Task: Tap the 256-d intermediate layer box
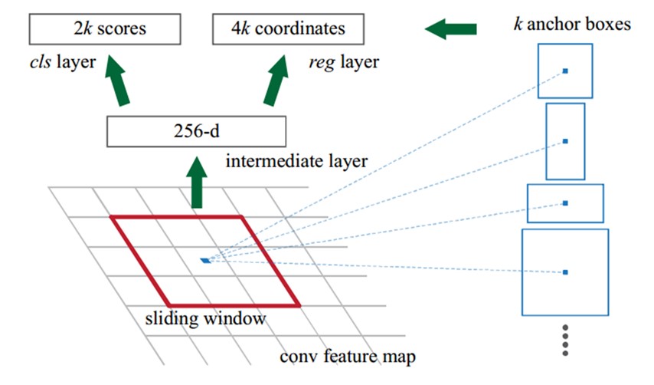pos(196,131)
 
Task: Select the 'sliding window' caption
pos(205,318)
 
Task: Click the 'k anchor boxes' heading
pos(571,25)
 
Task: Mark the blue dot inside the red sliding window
pos(204,261)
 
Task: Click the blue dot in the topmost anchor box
pos(565,71)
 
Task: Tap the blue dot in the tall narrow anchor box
pos(565,141)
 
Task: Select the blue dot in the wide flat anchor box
pos(565,203)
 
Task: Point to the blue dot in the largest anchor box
pos(565,272)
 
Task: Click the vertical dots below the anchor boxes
pos(565,340)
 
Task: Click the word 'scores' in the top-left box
pos(124,29)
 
